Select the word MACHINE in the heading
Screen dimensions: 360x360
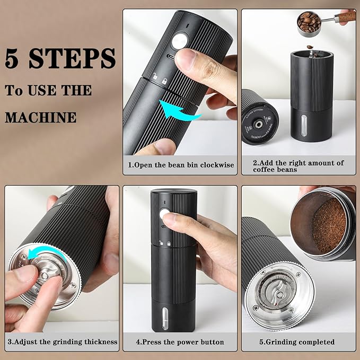tap(40, 116)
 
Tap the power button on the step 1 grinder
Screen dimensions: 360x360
tap(181, 41)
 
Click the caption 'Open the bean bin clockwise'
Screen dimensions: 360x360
tap(181, 165)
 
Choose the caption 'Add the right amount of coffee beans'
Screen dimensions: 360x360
tap(298, 166)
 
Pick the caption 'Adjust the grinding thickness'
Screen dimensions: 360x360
tap(62, 342)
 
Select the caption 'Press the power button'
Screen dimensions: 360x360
tap(180, 342)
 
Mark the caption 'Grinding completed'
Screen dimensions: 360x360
tap(297, 342)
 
